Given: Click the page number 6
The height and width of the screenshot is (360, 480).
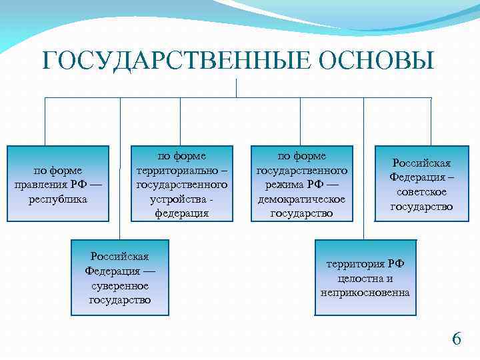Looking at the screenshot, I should click(x=456, y=339).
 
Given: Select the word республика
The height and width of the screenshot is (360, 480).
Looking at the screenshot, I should click(x=59, y=199).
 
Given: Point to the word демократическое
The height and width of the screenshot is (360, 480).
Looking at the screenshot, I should click(x=301, y=199).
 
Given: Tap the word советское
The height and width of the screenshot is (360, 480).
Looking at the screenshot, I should click(x=421, y=192).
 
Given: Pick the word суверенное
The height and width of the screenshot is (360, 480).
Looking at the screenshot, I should click(x=120, y=285).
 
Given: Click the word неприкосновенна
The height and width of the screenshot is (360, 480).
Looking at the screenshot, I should click(x=365, y=293).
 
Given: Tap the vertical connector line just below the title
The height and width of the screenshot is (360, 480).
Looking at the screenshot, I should click(x=237, y=87).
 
